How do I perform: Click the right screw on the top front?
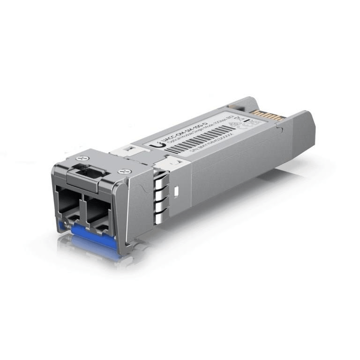[x=124, y=172]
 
